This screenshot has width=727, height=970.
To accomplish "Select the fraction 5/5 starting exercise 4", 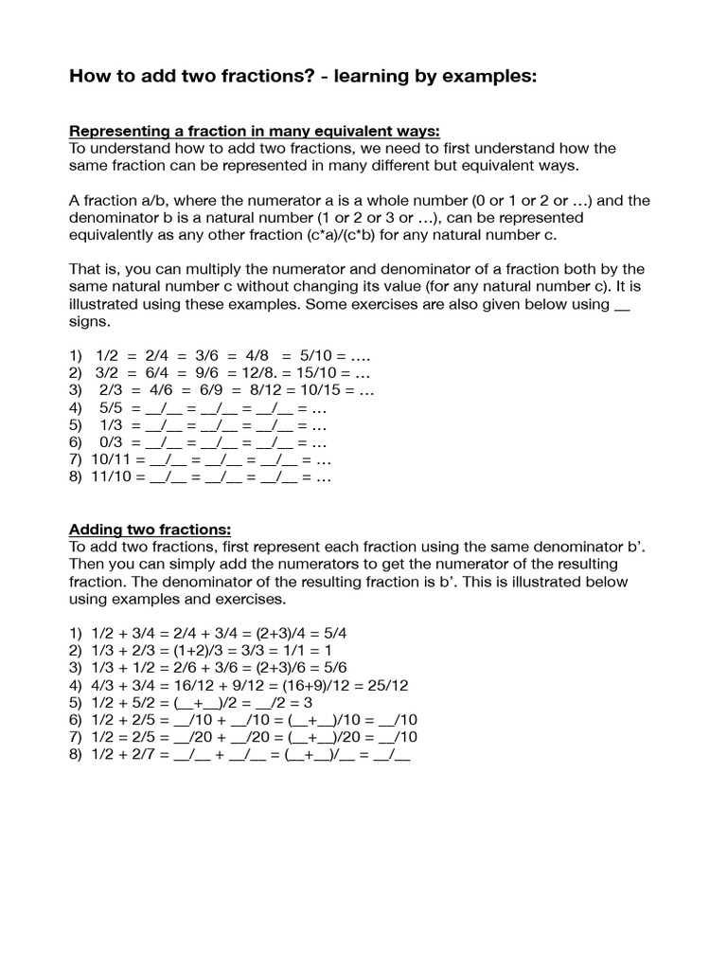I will point(111,408).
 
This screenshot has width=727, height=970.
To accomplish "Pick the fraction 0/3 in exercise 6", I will point(111,443).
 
